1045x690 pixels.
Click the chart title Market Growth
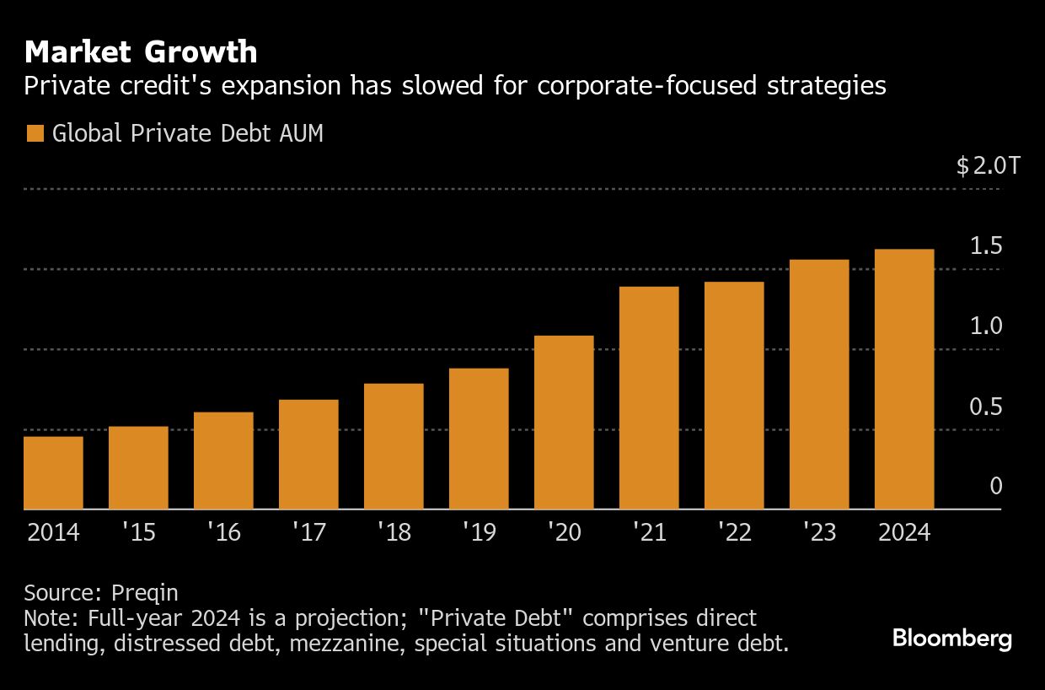click(x=141, y=52)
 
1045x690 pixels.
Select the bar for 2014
click(x=53, y=472)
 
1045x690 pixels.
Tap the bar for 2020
click(x=564, y=422)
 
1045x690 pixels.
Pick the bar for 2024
click(x=904, y=379)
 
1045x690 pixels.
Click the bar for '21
click(x=649, y=397)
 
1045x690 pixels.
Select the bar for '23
click(x=819, y=384)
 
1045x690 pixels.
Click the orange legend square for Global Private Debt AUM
click(x=35, y=133)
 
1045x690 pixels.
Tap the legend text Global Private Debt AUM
click(x=187, y=133)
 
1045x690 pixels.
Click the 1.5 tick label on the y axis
click(x=985, y=246)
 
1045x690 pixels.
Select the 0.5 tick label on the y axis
click(x=985, y=407)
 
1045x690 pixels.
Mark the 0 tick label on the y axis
click(x=995, y=487)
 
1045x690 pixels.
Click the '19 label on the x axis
click(x=478, y=533)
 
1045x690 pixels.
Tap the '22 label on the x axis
click(x=733, y=533)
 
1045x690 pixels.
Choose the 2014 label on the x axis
click(x=52, y=533)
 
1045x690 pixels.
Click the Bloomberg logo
click(x=951, y=639)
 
